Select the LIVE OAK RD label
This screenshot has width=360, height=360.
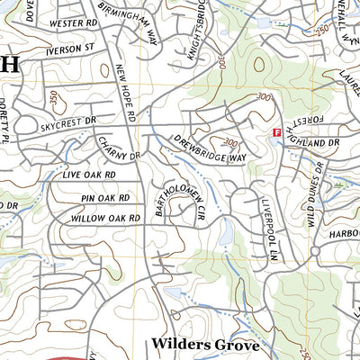[84, 175]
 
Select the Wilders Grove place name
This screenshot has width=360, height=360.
[205, 344]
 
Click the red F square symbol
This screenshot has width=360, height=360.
[276, 133]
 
